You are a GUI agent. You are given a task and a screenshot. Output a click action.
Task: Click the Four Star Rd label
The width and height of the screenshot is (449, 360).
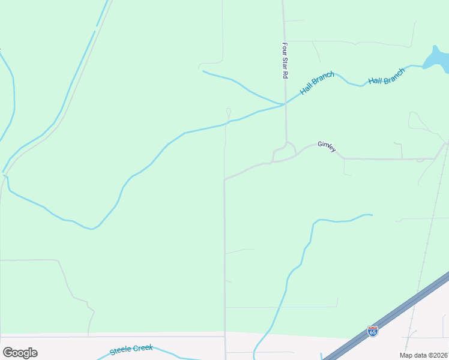[x=286, y=61]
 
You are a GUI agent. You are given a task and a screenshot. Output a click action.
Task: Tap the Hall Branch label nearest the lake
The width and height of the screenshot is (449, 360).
[x=387, y=76]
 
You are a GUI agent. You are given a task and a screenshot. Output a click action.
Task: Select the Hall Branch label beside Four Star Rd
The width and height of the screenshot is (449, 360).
[x=317, y=83]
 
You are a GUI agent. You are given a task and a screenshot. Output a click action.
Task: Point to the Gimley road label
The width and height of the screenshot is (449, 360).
[x=327, y=147]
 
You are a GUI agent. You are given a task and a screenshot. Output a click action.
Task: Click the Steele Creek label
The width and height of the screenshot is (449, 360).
[x=131, y=350]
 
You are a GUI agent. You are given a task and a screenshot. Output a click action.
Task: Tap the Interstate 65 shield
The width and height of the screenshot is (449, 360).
[x=373, y=331]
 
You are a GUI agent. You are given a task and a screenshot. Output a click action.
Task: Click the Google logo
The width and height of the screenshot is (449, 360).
[x=20, y=352]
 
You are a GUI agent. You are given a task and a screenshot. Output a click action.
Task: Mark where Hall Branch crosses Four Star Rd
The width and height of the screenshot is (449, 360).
[x=285, y=104]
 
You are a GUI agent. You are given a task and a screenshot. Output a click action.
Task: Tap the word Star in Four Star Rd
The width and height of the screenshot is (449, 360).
[x=286, y=61]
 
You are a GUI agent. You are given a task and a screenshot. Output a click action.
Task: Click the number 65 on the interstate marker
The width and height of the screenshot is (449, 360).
[x=373, y=331]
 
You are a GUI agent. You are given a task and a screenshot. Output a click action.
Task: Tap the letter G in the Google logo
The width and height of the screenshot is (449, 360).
[x=8, y=352]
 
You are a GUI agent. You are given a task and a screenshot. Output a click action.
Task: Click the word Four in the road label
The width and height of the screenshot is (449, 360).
[x=286, y=47]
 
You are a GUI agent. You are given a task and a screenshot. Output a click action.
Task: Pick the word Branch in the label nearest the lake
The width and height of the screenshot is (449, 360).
[x=393, y=73]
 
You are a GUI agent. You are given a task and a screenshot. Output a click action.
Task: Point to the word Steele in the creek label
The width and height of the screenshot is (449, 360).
[x=121, y=351]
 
